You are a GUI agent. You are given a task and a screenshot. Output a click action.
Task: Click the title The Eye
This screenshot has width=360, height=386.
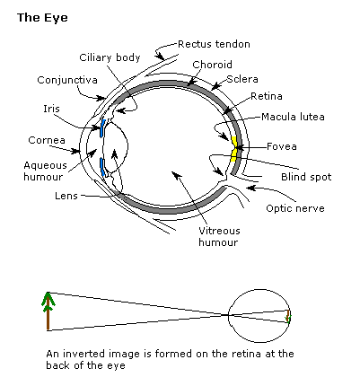click(x=42, y=18)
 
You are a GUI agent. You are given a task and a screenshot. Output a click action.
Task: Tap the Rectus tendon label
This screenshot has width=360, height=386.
click(x=214, y=44)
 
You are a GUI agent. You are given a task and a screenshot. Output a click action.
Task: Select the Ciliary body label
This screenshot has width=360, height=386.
click(x=110, y=57)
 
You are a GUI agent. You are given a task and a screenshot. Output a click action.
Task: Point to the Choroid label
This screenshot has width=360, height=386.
click(x=212, y=65)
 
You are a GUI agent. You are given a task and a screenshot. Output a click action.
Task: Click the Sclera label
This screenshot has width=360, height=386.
click(x=242, y=79)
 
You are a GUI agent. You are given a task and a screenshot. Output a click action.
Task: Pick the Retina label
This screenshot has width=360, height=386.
click(x=267, y=96)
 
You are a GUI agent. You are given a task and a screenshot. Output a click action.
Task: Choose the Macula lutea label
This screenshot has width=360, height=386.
click(x=293, y=117)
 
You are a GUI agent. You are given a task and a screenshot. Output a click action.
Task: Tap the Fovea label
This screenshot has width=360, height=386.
click(x=282, y=146)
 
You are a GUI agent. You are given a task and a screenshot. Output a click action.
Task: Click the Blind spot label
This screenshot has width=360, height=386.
click(x=306, y=177)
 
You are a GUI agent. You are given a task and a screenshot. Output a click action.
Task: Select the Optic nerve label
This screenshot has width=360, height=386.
click(x=295, y=208)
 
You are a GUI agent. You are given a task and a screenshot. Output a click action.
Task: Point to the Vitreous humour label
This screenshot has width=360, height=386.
click(x=219, y=236)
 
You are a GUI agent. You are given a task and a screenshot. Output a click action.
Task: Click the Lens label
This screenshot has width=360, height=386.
click(x=66, y=196)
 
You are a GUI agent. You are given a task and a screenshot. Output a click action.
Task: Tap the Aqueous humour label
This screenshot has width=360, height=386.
click(x=44, y=171)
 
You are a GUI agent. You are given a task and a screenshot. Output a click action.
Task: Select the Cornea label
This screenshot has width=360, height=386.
click(x=47, y=140)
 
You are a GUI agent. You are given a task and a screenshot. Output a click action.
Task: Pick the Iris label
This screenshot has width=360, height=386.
click(x=51, y=109)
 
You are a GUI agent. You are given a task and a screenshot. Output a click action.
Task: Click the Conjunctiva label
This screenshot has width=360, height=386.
click(x=67, y=80)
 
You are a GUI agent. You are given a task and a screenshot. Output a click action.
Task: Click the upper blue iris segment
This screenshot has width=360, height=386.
click(x=102, y=128)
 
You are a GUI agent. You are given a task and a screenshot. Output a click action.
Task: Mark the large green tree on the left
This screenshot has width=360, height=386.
click(x=48, y=311)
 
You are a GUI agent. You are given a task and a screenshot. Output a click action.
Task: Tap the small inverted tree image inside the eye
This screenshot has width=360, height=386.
click(x=288, y=317)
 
